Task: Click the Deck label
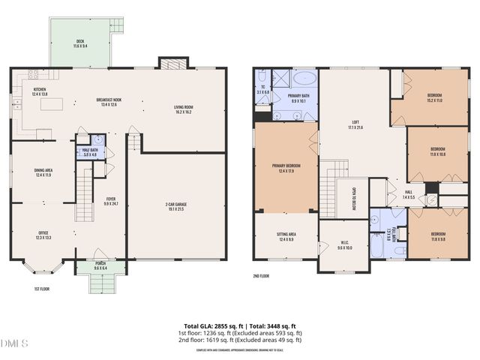pyautogui.click(x=80, y=43)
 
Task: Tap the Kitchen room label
pyautogui.click(x=40, y=91)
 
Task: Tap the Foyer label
pyautogui.click(x=110, y=200)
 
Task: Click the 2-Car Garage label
pyautogui.click(x=179, y=205)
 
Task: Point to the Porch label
pyautogui.click(x=100, y=265)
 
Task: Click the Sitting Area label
pyautogui.click(x=287, y=237)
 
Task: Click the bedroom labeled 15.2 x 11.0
pyautogui.click(x=434, y=97)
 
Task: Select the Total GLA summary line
pyautogui.click(x=240, y=325)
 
